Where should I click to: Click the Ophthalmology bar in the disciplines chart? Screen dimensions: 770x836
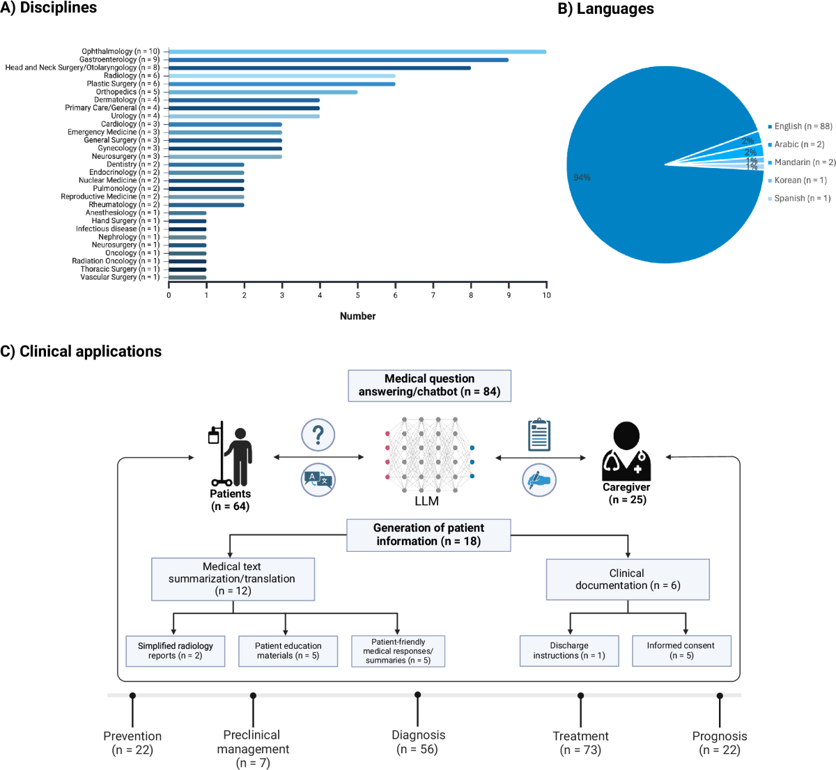357,52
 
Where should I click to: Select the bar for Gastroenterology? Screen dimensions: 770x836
338,60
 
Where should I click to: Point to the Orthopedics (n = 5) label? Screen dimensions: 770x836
127,92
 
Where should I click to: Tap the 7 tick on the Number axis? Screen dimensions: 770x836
433,295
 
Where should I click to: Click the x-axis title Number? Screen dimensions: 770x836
357,316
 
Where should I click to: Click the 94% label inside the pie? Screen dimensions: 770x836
582,178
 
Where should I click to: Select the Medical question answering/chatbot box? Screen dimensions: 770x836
429,385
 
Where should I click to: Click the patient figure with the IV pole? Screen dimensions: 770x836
232,456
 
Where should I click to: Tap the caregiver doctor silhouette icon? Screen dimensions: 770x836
626,452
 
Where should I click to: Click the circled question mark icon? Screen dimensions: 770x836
318,435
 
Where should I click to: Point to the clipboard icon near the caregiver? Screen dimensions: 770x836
539,435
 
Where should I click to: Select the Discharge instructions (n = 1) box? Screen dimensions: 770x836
569,651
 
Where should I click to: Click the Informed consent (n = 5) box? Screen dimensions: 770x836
681,651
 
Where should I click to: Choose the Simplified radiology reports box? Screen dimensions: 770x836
176,651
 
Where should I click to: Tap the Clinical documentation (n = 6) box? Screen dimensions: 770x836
627,579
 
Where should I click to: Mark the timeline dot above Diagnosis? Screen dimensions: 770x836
417,695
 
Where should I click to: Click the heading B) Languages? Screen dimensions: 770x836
605,9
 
